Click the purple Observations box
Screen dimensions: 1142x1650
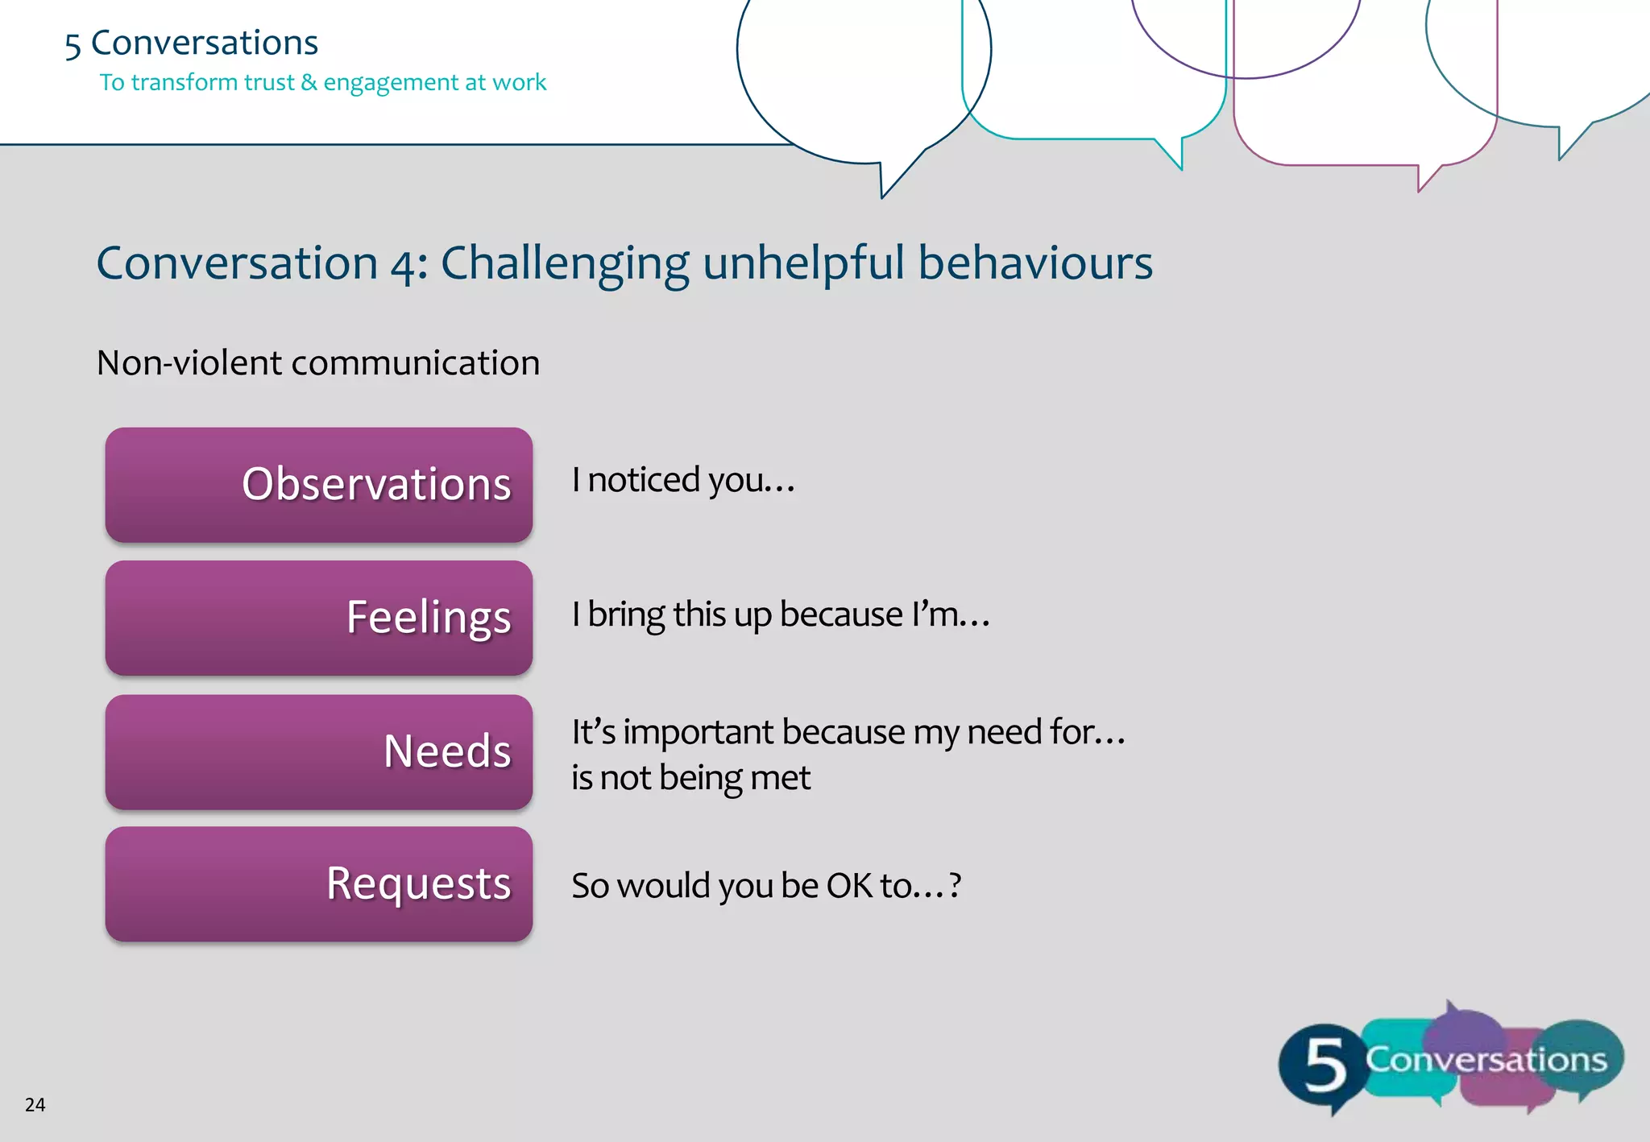tap(319, 484)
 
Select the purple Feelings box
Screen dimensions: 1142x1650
tap(319, 618)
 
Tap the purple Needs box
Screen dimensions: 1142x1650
tap(319, 751)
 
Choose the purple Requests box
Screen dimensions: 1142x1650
tap(319, 883)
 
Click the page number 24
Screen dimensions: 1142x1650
tap(35, 1105)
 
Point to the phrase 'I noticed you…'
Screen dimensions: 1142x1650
tap(683, 480)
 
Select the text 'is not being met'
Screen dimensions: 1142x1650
tap(690, 778)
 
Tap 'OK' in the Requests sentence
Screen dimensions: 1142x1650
tap(849, 886)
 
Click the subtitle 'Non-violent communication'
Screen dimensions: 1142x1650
tap(318, 363)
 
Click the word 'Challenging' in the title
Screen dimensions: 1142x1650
tap(564, 264)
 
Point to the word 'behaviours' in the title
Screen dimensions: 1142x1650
tap(1035, 263)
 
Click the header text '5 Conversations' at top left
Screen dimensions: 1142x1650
tap(192, 43)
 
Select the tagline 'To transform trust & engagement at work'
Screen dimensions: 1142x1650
tap(322, 82)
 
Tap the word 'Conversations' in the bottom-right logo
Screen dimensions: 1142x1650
tap(1486, 1060)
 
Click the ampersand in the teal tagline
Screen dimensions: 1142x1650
tap(309, 82)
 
